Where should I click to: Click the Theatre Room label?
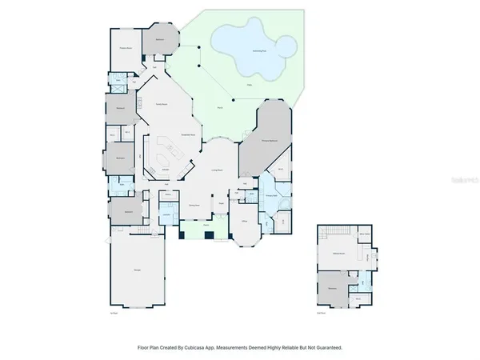126,47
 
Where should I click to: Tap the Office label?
243,221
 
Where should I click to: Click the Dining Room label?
194,206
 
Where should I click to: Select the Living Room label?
216,170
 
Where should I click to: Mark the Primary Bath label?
272,196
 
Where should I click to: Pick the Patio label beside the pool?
249,83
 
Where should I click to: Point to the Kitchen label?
166,169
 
